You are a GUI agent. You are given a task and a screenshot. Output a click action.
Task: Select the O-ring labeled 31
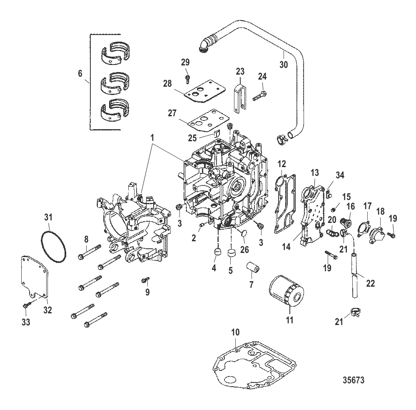tap(54, 249)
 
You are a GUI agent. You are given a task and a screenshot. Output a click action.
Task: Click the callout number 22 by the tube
tap(370, 283)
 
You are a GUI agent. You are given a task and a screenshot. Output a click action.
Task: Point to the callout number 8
tap(86, 239)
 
